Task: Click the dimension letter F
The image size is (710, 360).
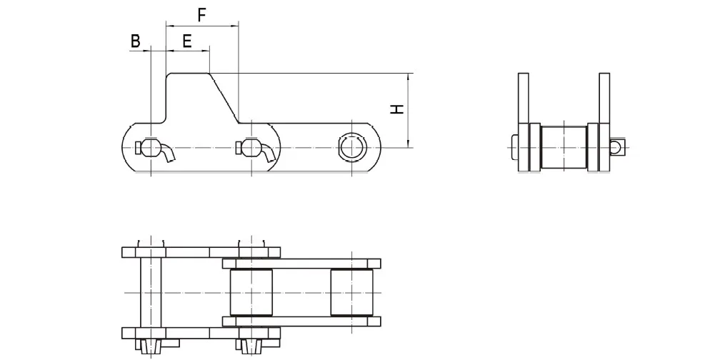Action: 201,14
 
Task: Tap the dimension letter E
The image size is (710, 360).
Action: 186,41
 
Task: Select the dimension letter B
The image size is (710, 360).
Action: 135,41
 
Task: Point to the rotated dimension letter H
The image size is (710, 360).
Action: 396,109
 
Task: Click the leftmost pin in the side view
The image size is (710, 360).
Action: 151,148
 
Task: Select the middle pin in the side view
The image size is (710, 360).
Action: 250,148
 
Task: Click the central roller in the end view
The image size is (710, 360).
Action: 564,147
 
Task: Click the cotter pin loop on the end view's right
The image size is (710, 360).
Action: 618,147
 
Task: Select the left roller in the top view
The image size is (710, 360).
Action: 251,293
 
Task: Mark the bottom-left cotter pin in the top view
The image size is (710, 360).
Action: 151,346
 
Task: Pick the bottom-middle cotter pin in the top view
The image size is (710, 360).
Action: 250,346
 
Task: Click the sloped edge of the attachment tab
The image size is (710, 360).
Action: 224,97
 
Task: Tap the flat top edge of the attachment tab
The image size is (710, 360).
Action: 188,72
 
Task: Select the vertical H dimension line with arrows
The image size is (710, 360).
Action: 408,109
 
